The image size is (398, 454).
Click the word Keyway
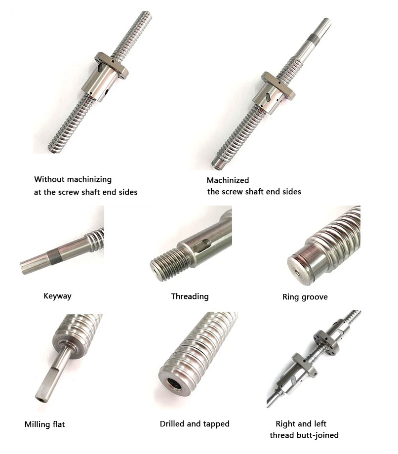tap(57, 296)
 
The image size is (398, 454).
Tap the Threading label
tap(190, 296)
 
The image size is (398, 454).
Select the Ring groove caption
tap(305, 297)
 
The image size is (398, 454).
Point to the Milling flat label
tap(44, 424)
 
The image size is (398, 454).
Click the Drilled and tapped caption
tap(195, 424)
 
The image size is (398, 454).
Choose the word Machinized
tap(228, 180)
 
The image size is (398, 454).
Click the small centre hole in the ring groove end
tap(298, 271)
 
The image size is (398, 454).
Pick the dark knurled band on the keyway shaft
tap(53, 256)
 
